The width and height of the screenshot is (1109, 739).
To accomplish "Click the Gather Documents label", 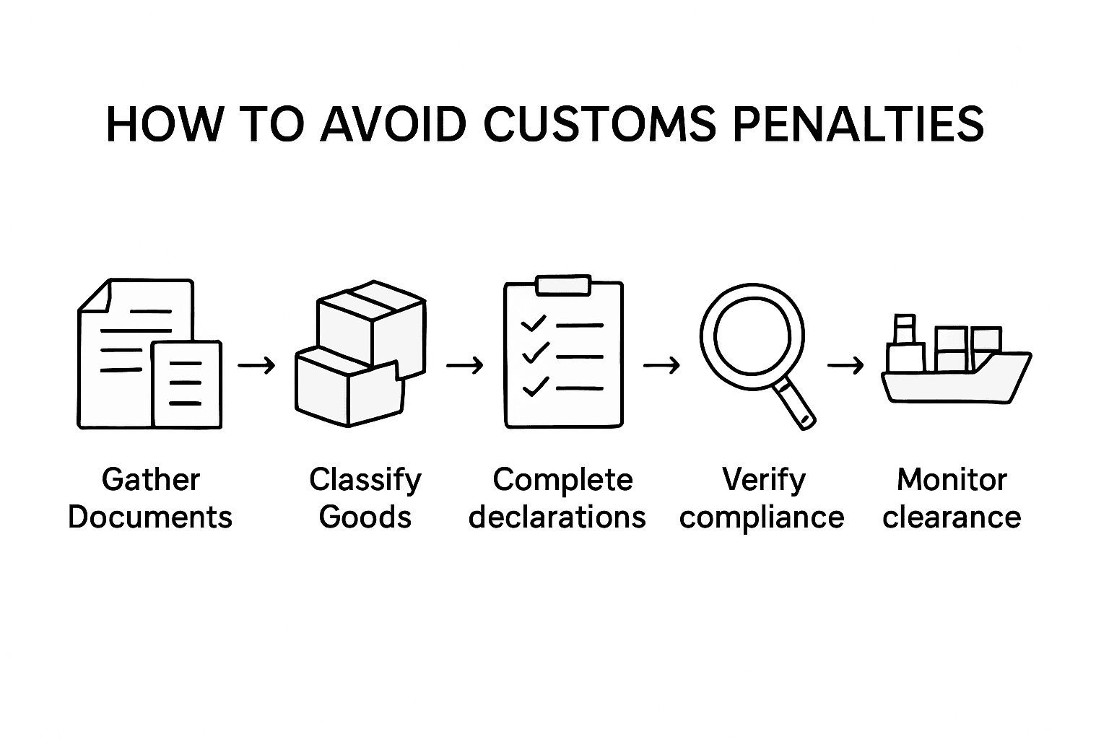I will click(x=150, y=498).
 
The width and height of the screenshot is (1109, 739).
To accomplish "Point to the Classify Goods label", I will click(x=365, y=498).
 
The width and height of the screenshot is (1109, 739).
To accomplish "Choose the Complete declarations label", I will click(x=557, y=498).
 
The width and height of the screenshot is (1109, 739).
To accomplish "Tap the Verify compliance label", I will click(x=762, y=498).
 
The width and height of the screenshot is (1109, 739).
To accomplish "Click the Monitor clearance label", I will click(x=952, y=498).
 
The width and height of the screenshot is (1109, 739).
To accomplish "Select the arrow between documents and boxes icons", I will click(x=257, y=366).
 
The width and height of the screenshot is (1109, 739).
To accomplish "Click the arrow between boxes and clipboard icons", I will click(x=465, y=366).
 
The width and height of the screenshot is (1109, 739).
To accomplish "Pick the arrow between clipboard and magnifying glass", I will click(x=661, y=366).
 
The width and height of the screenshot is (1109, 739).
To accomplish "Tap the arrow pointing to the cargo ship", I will click(x=845, y=366).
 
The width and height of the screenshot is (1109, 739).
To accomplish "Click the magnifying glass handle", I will click(x=796, y=407).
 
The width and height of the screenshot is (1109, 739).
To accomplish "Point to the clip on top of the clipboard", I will click(x=563, y=285).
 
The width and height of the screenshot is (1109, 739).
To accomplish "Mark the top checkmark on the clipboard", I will click(x=533, y=324).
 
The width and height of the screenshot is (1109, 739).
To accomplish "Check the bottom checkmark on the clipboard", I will click(x=534, y=388).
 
